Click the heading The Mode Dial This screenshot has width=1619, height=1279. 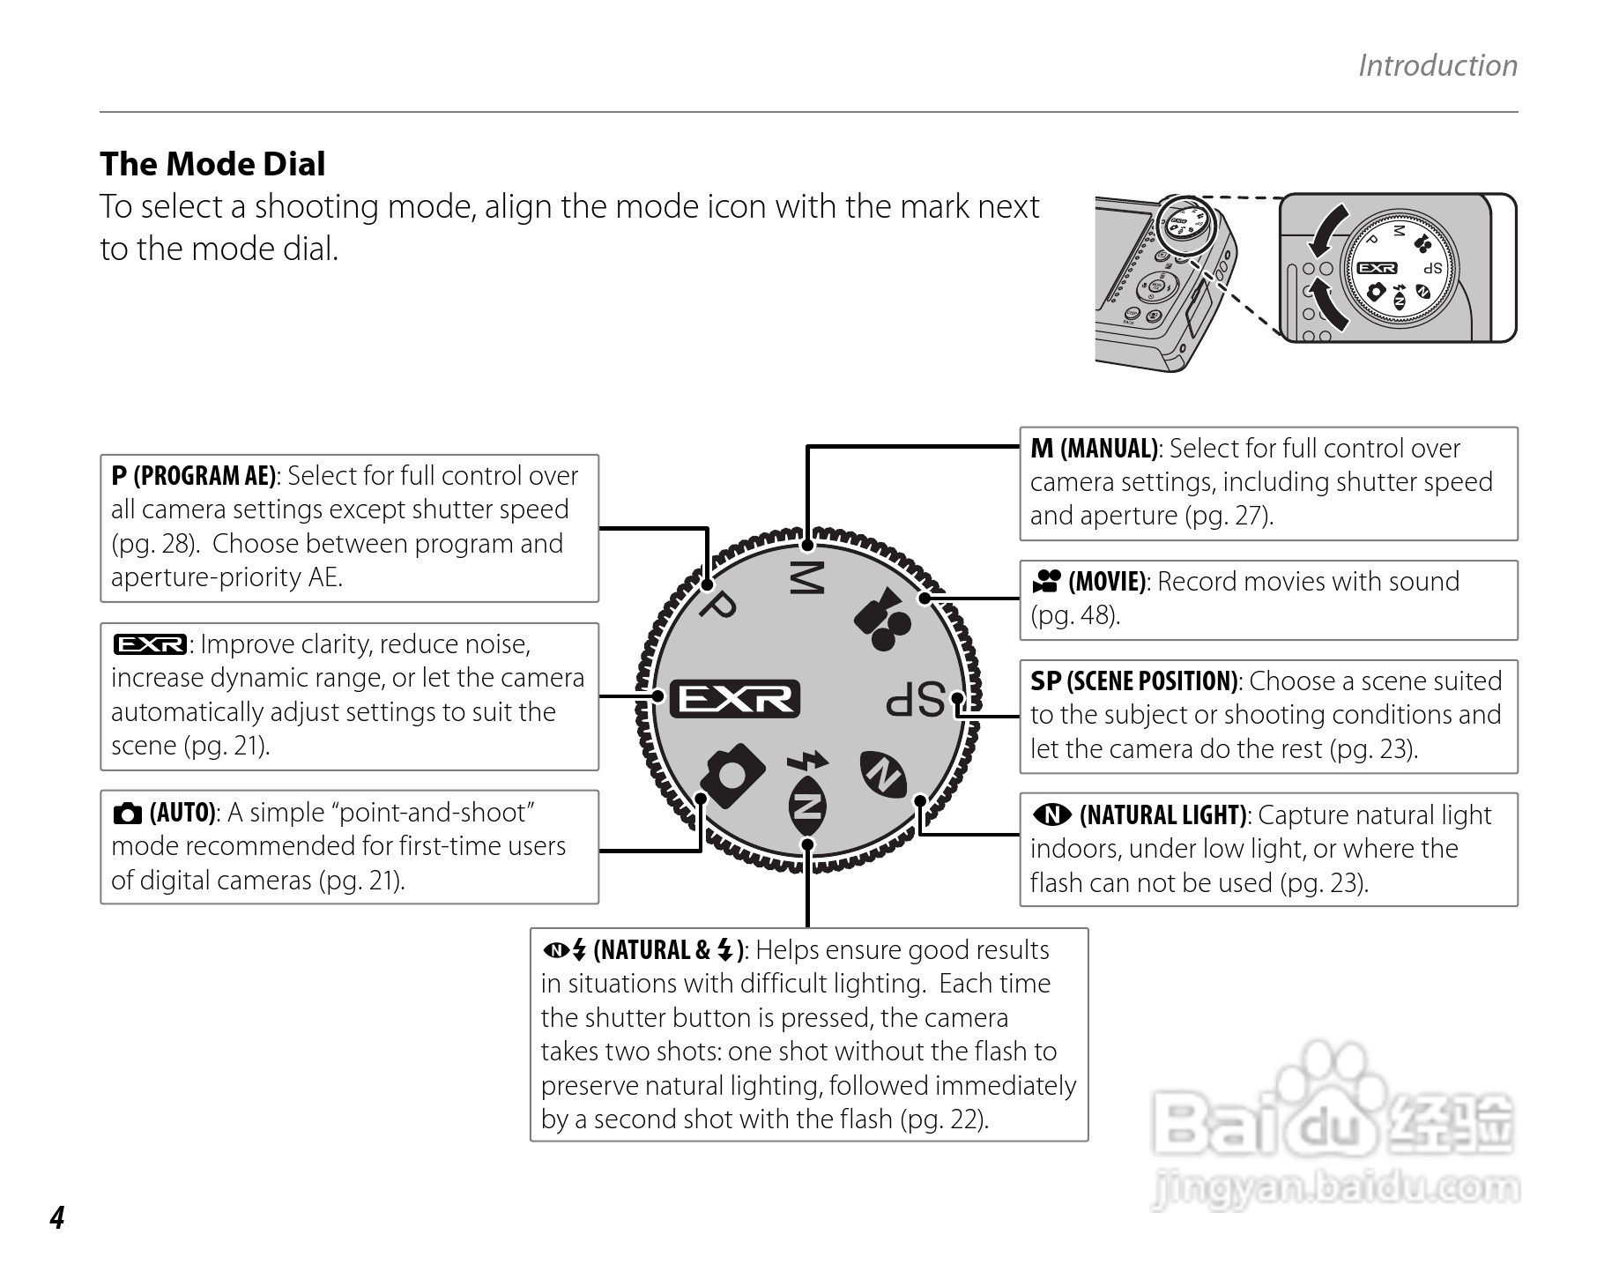(212, 164)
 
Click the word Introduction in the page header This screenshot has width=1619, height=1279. (1437, 65)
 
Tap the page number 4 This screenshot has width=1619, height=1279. (57, 1217)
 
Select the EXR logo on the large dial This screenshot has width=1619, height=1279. (735, 699)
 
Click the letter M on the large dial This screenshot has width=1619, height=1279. (806, 577)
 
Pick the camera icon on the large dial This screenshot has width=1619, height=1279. (732, 776)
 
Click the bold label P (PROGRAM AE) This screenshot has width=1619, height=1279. (194, 476)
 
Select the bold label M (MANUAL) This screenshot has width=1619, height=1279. (1094, 449)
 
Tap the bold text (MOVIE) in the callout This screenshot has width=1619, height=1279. (1107, 582)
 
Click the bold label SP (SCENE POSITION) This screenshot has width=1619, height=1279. (1134, 681)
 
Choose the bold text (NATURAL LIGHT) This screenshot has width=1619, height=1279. (1162, 815)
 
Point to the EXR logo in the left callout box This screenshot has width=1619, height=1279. (150, 645)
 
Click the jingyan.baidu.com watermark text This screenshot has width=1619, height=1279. (1335, 1190)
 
